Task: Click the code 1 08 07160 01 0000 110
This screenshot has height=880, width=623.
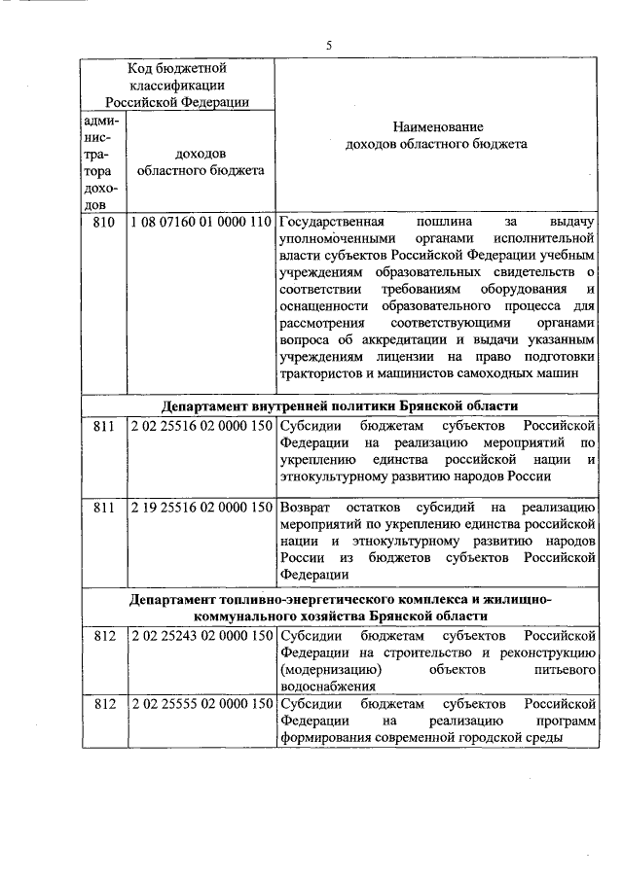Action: [x=201, y=222]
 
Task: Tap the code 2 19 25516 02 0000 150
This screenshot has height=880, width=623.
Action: [x=201, y=508]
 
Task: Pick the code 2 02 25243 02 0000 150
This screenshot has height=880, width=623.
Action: [x=201, y=636]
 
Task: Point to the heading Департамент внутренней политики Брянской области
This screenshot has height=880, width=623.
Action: [x=340, y=405]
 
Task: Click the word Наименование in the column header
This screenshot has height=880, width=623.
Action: [x=437, y=126]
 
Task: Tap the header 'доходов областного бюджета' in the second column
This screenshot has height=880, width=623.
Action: [x=201, y=161]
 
